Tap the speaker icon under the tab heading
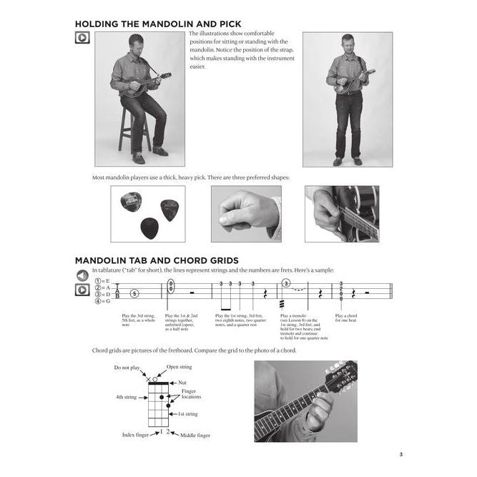[x=82, y=275]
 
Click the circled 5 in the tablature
[x=134, y=293]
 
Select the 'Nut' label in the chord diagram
[x=182, y=383]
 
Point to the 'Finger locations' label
[x=191, y=394]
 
